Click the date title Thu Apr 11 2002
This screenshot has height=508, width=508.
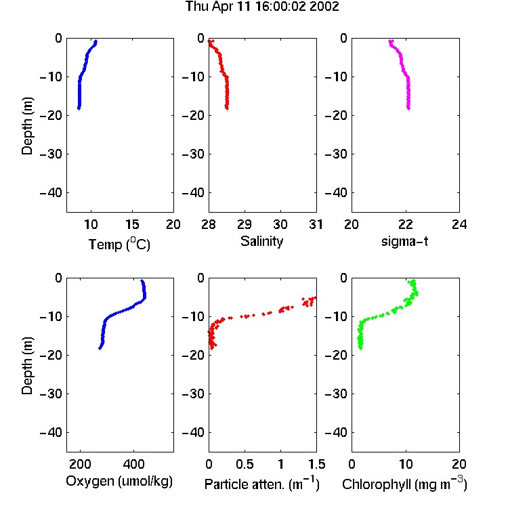point(262,7)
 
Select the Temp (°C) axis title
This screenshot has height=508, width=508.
point(119,244)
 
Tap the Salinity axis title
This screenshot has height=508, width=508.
point(261,241)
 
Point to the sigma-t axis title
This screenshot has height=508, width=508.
point(404,241)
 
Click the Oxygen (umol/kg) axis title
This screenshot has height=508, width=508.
point(119,481)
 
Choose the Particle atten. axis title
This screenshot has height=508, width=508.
point(262,484)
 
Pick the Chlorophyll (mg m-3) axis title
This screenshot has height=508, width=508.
point(404,484)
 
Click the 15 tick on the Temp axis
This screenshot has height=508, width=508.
point(132,224)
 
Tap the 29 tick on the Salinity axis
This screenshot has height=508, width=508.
point(245,224)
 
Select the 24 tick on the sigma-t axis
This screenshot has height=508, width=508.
point(459,224)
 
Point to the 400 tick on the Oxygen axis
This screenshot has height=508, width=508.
point(133,464)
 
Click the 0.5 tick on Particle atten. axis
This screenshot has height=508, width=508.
point(245,464)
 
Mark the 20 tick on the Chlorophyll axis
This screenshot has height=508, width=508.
point(459,464)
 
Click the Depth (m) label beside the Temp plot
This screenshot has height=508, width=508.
point(27,126)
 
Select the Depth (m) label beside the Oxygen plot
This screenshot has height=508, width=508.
point(27,366)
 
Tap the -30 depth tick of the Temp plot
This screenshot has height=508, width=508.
point(51,154)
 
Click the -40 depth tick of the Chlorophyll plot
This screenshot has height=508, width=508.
point(336,432)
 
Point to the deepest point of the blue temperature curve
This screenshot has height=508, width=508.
point(79,108)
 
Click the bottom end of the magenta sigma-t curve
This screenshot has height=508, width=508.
point(408,108)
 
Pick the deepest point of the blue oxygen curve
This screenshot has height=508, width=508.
point(100,348)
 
